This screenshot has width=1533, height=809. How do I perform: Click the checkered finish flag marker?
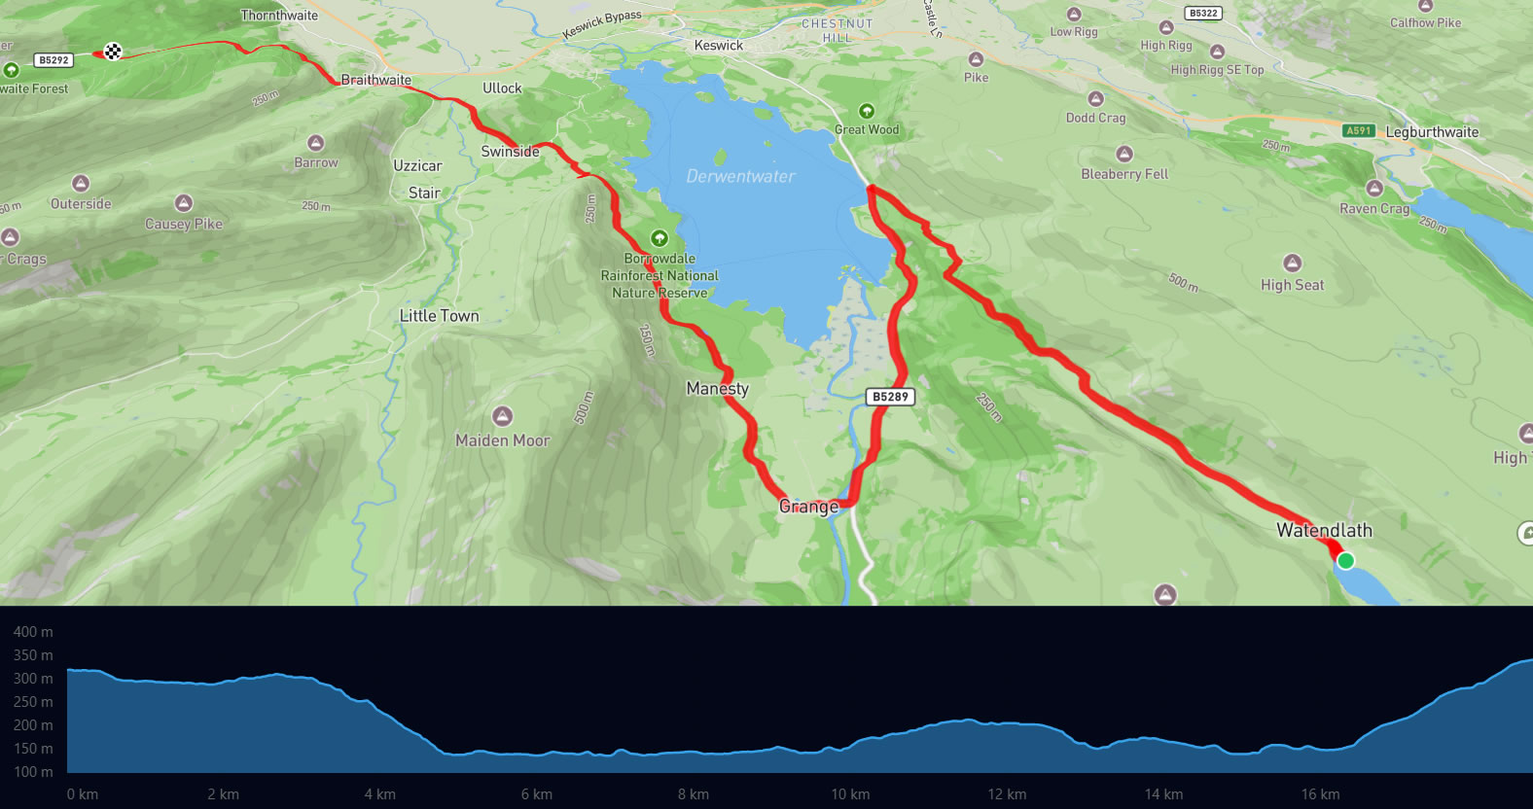click(x=113, y=52)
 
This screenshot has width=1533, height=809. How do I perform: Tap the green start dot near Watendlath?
click(x=1345, y=560)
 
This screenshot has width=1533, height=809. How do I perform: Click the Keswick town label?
click(x=718, y=46)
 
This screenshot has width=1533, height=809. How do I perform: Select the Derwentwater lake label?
click(x=740, y=176)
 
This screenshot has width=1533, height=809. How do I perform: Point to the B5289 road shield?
click(x=890, y=397)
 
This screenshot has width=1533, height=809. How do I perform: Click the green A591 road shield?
click(x=1358, y=130)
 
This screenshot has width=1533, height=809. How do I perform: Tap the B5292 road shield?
click(x=53, y=60)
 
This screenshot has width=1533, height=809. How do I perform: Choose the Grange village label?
click(x=808, y=507)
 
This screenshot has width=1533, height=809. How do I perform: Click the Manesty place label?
click(x=717, y=389)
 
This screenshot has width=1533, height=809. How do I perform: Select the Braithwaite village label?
click(x=375, y=80)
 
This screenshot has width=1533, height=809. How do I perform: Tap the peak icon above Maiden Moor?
click(x=502, y=416)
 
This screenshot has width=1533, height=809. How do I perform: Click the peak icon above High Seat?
click(x=1292, y=263)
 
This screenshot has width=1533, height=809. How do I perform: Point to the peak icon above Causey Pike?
click(x=183, y=203)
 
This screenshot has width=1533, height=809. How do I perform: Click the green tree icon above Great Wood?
click(x=866, y=111)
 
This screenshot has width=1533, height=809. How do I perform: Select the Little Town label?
click(x=439, y=316)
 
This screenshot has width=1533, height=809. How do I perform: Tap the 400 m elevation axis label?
click(x=33, y=632)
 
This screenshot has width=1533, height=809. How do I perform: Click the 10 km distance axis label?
click(x=850, y=794)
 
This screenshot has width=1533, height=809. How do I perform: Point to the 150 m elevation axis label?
click(x=33, y=749)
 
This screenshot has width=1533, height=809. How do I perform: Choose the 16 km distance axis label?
click(x=1320, y=794)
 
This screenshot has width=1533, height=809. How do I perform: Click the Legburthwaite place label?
click(x=1432, y=132)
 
